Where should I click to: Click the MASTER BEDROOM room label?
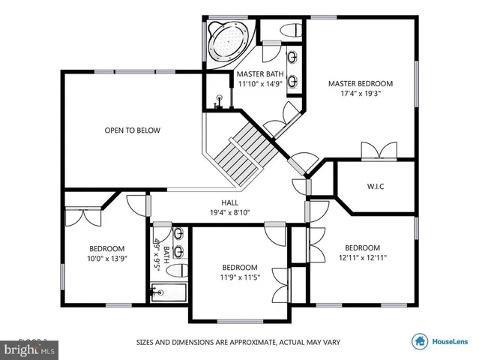[x=360, y=83]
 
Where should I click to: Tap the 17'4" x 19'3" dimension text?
[x=360, y=94]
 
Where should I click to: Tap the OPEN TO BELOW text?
[x=132, y=130]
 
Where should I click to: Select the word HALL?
[x=229, y=202]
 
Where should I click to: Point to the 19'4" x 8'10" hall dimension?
[x=229, y=213]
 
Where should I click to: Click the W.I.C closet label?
[x=376, y=185]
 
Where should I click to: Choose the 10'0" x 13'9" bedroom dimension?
[x=107, y=259]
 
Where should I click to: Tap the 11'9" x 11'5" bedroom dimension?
[x=240, y=278]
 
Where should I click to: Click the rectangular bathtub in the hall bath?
[x=169, y=292]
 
